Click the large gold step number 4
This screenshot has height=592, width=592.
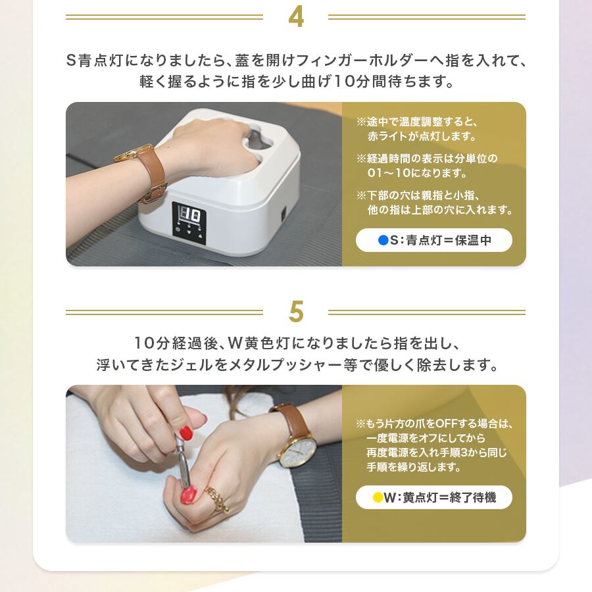click(295, 17)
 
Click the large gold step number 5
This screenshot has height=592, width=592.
click(296, 312)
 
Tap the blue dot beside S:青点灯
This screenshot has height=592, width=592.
click(383, 240)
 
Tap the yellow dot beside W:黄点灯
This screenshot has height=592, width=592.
click(378, 497)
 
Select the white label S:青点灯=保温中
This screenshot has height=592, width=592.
click(434, 240)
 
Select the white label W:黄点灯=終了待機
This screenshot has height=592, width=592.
click(434, 497)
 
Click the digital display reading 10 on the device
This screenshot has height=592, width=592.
click(189, 215)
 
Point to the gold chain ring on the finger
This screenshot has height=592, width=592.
click(218, 499)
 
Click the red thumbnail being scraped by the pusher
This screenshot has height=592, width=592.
click(188, 495)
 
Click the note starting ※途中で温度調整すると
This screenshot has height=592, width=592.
click(417, 129)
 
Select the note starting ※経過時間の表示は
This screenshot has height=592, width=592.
click(427, 166)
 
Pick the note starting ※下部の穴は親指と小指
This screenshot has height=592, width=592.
click(434, 203)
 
